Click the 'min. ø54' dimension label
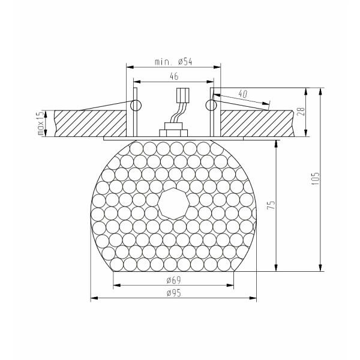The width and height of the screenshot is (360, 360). click(x=173, y=61)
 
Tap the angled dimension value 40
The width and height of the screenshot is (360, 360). click(x=243, y=94)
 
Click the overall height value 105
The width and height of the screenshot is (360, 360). click(x=316, y=178)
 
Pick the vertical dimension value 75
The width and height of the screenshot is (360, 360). click(x=271, y=205)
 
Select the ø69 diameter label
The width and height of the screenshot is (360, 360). click(x=173, y=280)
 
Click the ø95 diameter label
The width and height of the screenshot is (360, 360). click(x=173, y=293)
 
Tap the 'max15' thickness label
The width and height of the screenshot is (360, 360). click(x=41, y=123)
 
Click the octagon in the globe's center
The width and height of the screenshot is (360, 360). click(x=173, y=205)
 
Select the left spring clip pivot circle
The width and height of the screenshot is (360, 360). click(x=136, y=106)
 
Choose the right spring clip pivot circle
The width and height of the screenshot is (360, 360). click(x=211, y=106)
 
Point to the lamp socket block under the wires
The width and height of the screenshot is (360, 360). click(x=173, y=131)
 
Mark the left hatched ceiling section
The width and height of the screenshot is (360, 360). click(x=90, y=123)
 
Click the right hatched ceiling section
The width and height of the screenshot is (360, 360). click(x=258, y=123)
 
